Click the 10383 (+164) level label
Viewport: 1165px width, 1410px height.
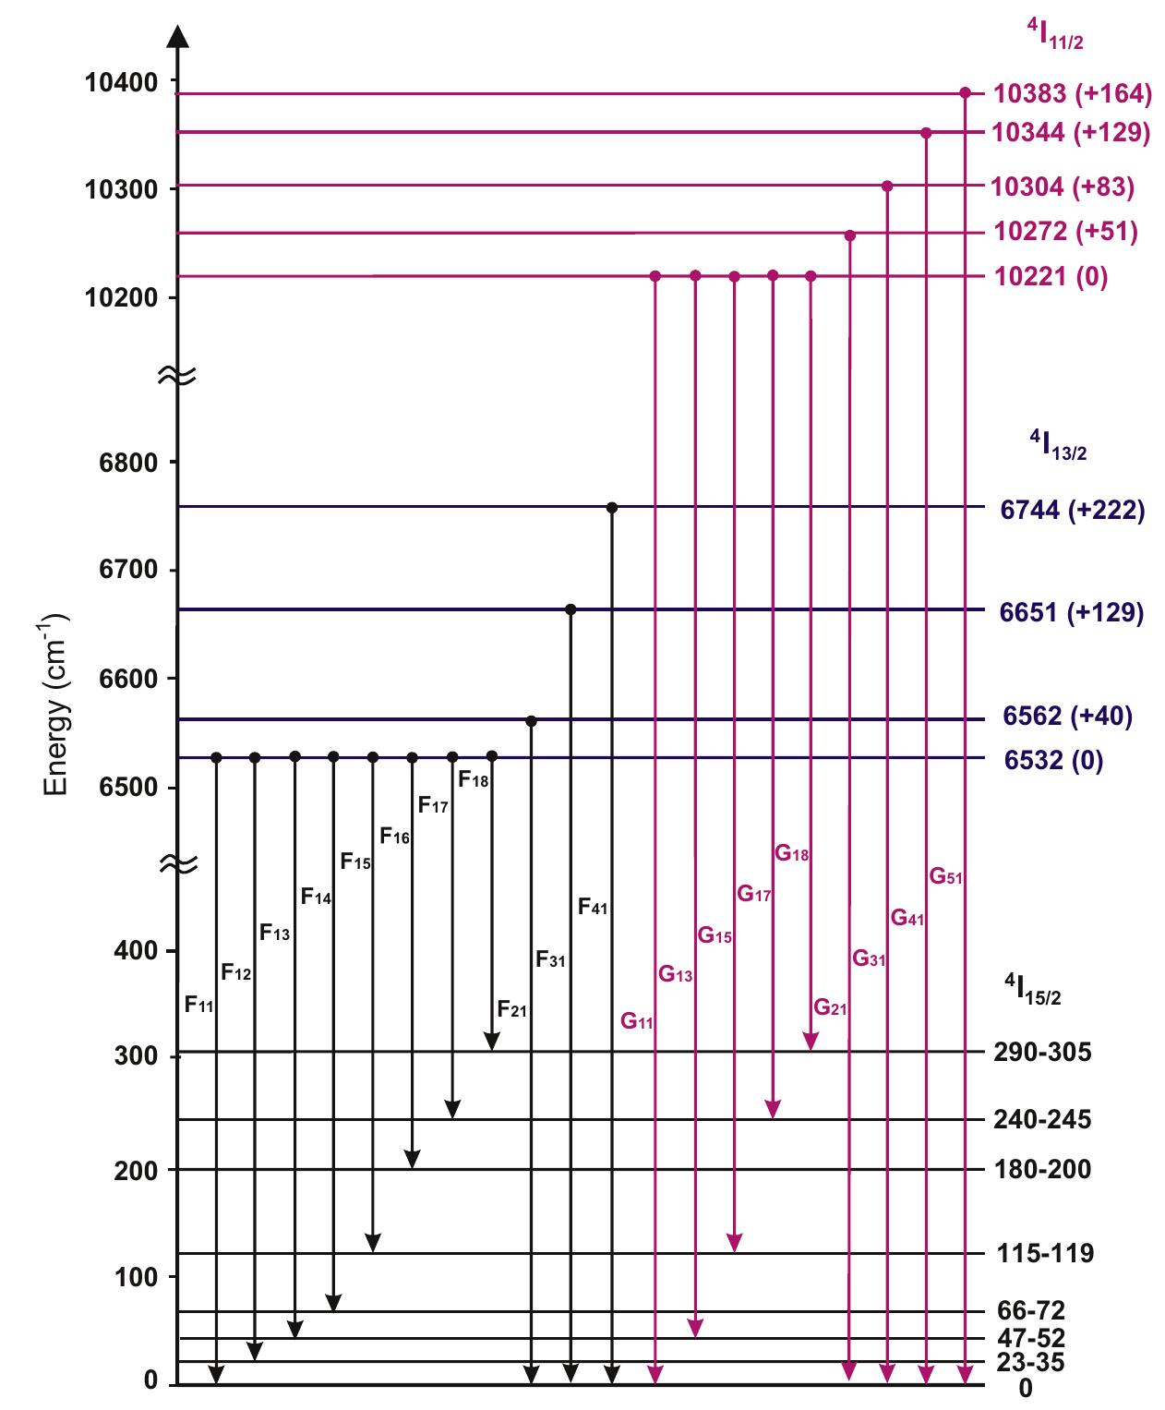(x=1072, y=93)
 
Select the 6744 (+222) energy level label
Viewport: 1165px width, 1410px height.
(x=1072, y=510)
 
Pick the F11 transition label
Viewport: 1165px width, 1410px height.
(x=199, y=1004)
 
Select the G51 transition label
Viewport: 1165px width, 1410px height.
(x=945, y=876)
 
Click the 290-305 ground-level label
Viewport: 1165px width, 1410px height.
(x=1042, y=1052)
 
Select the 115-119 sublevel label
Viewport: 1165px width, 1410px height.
(x=1045, y=1253)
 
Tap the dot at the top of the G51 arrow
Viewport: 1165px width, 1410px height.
(x=965, y=92)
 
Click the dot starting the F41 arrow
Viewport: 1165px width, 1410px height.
(x=611, y=507)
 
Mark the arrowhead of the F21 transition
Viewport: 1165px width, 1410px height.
(x=492, y=1042)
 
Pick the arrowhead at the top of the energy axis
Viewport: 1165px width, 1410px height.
(x=177, y=36)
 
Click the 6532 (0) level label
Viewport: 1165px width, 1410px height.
(x=1051, y=761)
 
